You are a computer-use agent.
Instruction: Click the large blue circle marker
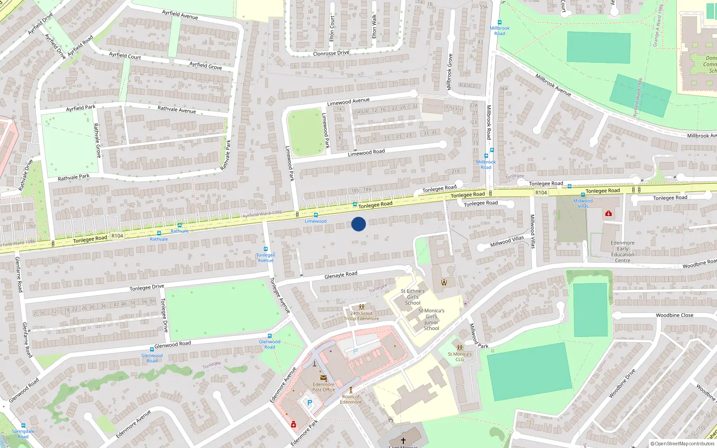pos(358,224)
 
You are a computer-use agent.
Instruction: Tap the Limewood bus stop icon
pos(316,215)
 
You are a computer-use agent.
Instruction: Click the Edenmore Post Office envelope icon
pos(323,378)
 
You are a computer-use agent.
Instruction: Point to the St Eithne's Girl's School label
pos(413,297)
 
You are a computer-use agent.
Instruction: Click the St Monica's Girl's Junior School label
pos(431,319)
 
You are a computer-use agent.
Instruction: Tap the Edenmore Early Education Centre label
pos(622,252)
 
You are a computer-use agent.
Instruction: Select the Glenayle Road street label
pos(341,275)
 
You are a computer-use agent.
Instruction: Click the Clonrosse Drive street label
pos(331,53)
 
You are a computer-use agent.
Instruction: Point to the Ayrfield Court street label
pos(125,56)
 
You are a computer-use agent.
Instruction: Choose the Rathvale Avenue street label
pos(177,109)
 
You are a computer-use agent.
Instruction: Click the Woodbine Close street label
pos(674,315)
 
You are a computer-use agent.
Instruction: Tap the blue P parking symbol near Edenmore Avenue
pos(309,403)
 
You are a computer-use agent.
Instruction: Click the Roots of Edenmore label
pos(351,399)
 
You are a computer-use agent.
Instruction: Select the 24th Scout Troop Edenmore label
pos(362,316)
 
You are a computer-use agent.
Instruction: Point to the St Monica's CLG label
pos(460,357)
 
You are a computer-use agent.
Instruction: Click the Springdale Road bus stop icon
pos(23,426)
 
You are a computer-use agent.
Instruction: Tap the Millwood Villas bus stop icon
pos(583,195)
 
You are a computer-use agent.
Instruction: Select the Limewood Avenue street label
pos(348,102)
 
